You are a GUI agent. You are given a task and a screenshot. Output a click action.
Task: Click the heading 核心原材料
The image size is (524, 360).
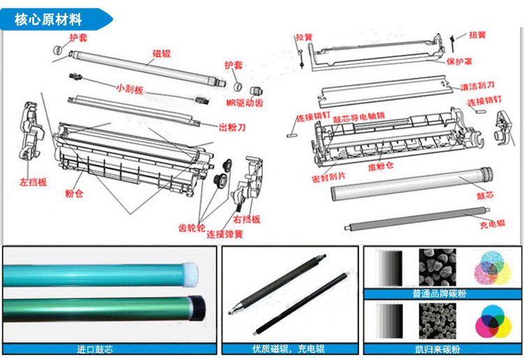click(48, 19)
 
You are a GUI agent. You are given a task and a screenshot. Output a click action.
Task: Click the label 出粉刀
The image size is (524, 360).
click(232, 127)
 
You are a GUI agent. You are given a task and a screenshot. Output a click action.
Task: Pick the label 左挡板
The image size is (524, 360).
click(33, 182)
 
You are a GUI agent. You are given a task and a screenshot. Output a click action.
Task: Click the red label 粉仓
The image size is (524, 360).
click(74, 193)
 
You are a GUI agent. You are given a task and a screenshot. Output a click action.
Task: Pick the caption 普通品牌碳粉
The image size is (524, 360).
click(437, 293)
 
